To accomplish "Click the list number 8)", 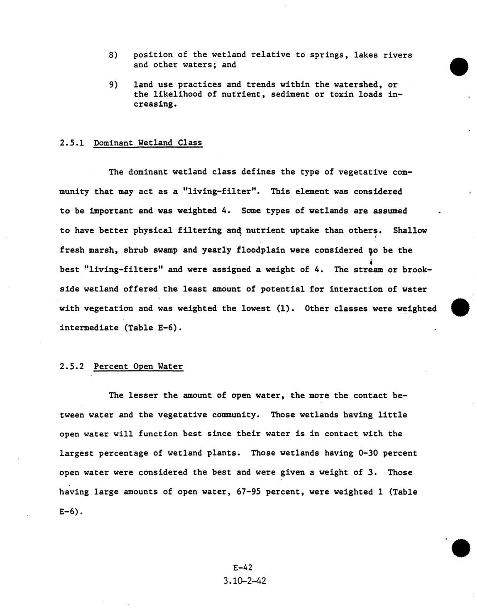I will point(113,55).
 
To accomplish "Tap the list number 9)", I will point(113,84).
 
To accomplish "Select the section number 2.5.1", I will point(72,143).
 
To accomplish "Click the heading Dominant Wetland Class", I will point(148,143).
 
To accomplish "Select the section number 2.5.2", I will point(72,366).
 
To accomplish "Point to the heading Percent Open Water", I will point(138,366).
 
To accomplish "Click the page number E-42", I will point(243,568).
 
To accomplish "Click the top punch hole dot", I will point(459,67).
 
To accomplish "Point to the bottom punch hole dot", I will point(461,548).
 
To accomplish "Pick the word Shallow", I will point(410,230).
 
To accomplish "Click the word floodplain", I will point(261,250).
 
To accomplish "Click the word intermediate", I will point(87,328).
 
